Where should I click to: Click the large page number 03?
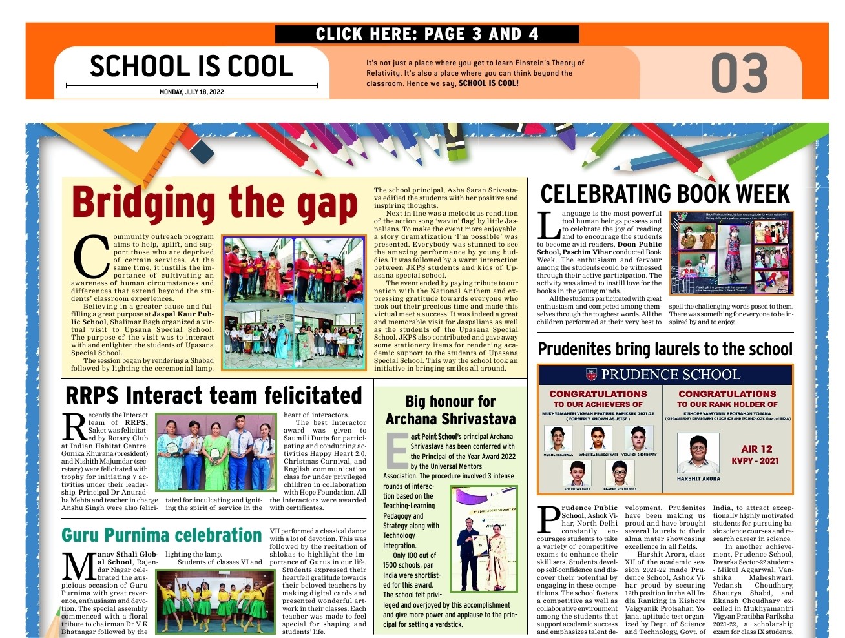click(739, 73)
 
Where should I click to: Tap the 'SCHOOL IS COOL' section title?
click(191, 66)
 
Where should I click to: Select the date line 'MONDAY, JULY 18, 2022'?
click(191, 92)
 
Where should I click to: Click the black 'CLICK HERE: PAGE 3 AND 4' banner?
click(426, 34)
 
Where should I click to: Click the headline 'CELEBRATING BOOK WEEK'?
click(665, 194)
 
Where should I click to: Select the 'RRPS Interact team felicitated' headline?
click(213, 395)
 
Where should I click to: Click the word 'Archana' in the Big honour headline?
click(413, 419)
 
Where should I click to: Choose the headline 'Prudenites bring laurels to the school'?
click(665, 349)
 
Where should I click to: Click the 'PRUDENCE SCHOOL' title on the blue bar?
click(670, 375)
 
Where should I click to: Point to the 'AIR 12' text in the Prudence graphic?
click(756, 449)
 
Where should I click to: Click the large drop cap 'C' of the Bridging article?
click(90, 256)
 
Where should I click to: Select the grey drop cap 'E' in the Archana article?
click(396, 449)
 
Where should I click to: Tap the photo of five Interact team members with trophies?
click(216, 453)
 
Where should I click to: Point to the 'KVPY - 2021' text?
click(755, 461)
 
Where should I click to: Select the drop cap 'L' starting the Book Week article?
click(548, 226)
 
